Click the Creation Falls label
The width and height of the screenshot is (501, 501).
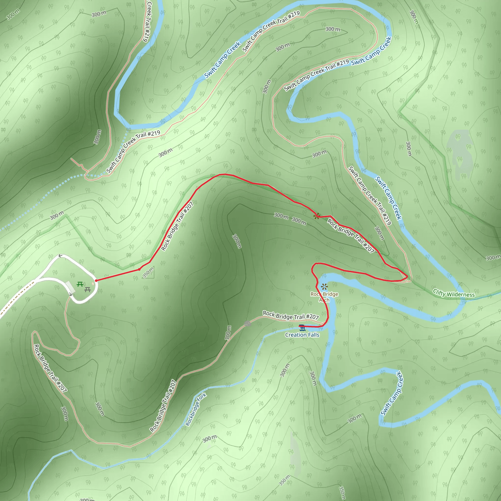point(302,335)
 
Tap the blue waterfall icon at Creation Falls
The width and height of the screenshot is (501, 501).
point(302,328)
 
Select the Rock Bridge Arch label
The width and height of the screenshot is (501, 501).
point(324,297)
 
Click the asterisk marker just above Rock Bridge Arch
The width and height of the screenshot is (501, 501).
point(324,287)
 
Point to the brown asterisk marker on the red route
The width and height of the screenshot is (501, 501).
point(316,216)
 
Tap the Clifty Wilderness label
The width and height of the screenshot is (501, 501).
point(454,293)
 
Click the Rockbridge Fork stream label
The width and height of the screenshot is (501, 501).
point(196,410)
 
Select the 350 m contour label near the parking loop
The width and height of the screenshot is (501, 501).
point(148,272)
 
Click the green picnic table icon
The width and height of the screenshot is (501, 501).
point(80,284)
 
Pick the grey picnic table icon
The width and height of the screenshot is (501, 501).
point(88,289)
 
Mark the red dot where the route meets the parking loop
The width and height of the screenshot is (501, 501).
point(96,281)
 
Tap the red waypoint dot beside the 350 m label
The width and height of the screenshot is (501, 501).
point(139,269)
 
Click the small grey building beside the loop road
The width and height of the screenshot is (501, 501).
point(70,287)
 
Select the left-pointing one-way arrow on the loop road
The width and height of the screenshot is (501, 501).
point(60,256)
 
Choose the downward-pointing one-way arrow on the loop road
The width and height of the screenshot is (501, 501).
point(70,294)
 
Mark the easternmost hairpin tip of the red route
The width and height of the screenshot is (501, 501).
point(407,277)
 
